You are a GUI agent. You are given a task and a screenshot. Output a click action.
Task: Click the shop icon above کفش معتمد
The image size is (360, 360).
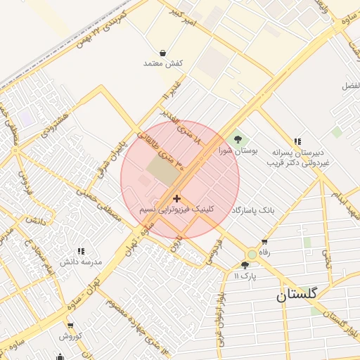pyautogui.click(x=163, y=53)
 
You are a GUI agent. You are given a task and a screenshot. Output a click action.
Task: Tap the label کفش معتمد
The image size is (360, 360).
pyautogui.click(x=163, y=64)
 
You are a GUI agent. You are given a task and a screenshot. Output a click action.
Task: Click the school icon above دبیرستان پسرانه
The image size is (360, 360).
pyautogui.click(x=297, y=141)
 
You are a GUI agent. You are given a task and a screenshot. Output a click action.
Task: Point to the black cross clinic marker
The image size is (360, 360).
pyautogui.click(x=176, y=199)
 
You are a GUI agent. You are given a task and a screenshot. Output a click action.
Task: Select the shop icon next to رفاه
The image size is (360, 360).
pyautogui.click(x=264, y=242)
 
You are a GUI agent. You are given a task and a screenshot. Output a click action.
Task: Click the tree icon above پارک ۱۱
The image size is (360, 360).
pyautogui.click(x=245, y=265)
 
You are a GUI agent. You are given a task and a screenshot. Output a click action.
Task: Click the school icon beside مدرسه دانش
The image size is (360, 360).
pyautogui.click(x=81, y=251)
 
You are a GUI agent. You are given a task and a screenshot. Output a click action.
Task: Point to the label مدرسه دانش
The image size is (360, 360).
pyautogui.click(x=82, y=262)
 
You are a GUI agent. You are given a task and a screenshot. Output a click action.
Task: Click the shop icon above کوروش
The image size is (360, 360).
pyautogui.click(x=71, y=325)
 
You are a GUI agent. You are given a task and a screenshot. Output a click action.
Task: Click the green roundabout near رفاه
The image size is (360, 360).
pyautogui.click(x=252, y=254)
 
